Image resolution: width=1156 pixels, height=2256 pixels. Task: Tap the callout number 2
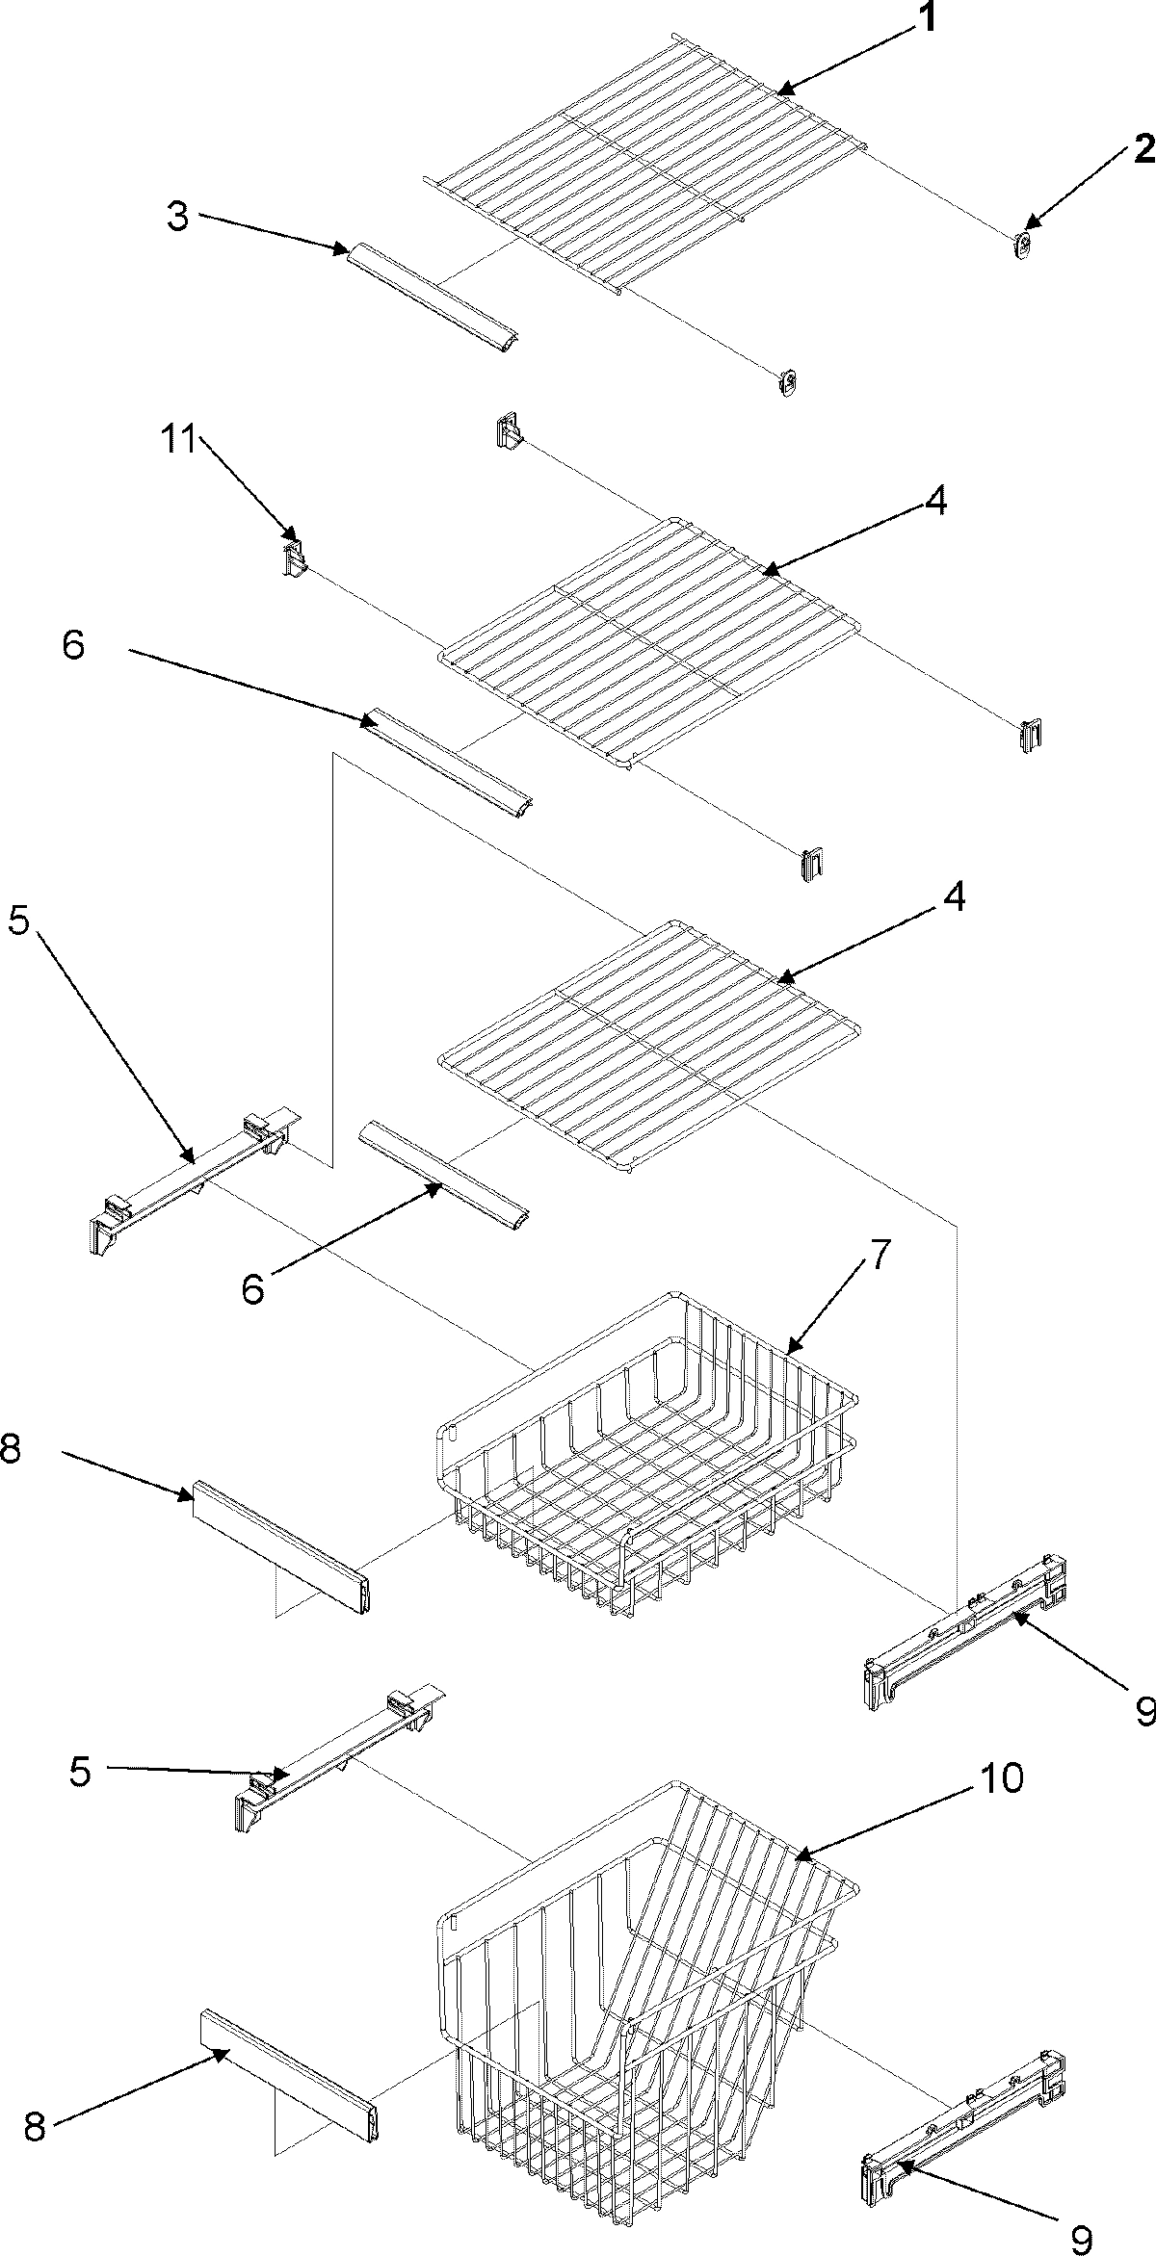click(x=1143, y=149)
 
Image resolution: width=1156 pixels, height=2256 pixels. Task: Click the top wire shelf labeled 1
click(x=645, y=164)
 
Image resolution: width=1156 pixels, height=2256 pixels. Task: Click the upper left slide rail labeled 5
click(x=193, y=1180)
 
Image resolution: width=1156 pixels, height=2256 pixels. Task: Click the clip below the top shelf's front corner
click(x=788, y=382)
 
